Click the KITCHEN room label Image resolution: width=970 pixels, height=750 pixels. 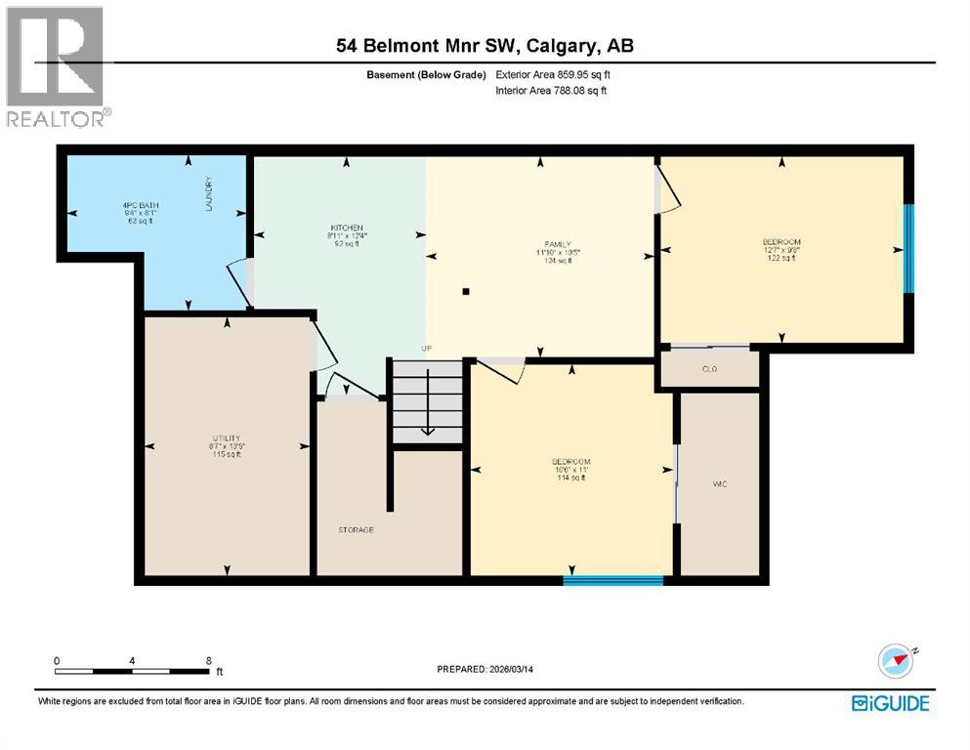(x=347, y=227)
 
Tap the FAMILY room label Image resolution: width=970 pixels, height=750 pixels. (x=558, y=244)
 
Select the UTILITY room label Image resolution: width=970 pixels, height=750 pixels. (x=227, y=437)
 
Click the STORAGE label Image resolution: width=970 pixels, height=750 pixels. (x=357, y=529)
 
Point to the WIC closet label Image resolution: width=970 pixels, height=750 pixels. (x=720, y=484)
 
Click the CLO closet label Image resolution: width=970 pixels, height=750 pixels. (x=710, y=369)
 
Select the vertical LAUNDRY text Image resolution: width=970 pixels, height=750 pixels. (x=209, y=195)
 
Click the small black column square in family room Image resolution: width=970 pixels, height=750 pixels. (x=467, y=291)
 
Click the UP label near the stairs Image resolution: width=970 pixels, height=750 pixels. (x=426, y=349)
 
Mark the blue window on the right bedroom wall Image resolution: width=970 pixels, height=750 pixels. (x=907, y=248)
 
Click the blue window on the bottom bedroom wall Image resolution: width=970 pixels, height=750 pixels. (x=612, y=580)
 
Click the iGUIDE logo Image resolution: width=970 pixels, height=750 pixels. (x=890, y=703)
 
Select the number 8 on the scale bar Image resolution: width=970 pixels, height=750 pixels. (x=209, y=660)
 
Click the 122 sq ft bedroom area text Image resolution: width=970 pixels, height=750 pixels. (x=780, y=259)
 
